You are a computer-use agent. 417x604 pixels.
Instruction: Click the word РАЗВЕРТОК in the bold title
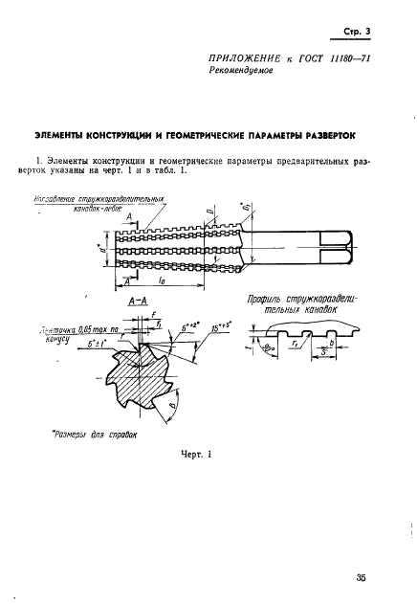(x=322, y=136)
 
